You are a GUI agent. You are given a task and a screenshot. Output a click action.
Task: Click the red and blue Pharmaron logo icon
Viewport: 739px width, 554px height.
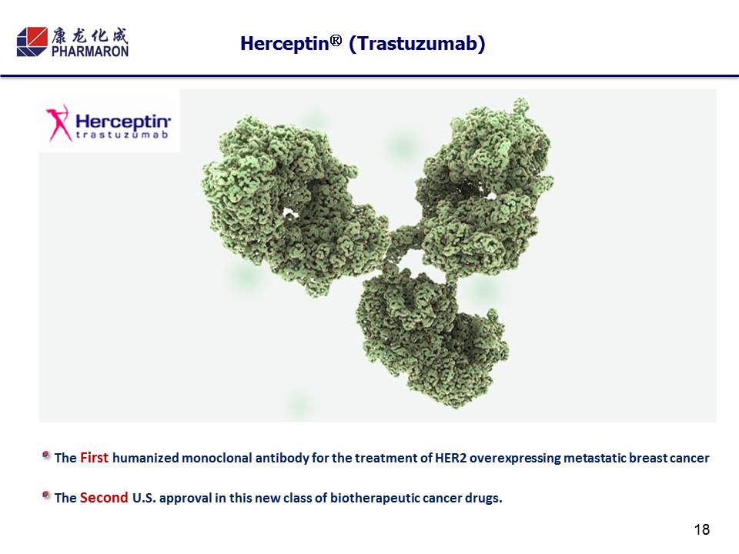(32, 42)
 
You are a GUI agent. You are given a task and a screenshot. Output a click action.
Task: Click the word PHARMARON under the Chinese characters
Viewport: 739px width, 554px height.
(90, 51)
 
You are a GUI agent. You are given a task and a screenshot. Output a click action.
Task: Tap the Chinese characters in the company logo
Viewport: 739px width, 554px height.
(90, 35)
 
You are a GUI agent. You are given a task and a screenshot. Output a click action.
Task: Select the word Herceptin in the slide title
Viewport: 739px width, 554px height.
(285, 44)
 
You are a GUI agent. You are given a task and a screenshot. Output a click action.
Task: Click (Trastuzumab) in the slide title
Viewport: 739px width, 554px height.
(417, 44)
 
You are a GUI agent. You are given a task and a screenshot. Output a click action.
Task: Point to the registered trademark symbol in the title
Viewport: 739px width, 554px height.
(336, 41)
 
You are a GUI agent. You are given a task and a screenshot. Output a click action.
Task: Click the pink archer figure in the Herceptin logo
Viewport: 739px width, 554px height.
(58, 122)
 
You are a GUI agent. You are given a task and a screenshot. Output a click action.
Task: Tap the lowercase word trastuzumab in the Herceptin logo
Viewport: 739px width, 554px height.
(122, 135)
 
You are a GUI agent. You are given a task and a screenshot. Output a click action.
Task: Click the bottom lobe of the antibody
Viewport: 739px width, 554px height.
(431, 337)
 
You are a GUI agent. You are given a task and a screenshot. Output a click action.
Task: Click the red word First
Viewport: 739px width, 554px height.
(94, 457)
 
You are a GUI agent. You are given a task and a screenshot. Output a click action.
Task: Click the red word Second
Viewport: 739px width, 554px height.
(104, 498)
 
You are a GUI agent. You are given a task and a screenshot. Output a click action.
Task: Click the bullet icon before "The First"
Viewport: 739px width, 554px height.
(46, 456)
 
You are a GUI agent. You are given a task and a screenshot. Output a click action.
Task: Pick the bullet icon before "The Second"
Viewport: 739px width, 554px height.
(46, 496)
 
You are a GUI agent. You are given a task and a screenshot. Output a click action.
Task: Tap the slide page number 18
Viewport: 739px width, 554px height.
(702, 529)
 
